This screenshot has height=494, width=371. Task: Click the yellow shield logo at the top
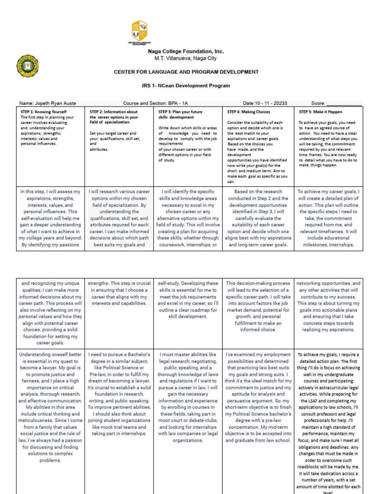pos(139,31)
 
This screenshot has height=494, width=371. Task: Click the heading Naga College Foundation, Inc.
pos(185,51)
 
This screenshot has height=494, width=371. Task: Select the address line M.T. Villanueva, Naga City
pos(185,58)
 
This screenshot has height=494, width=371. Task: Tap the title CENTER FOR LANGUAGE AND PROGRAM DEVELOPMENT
pos(186,72)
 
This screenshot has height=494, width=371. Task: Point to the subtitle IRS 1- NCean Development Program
pos(186,85)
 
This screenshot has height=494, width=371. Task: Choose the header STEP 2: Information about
pos(114,111)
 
